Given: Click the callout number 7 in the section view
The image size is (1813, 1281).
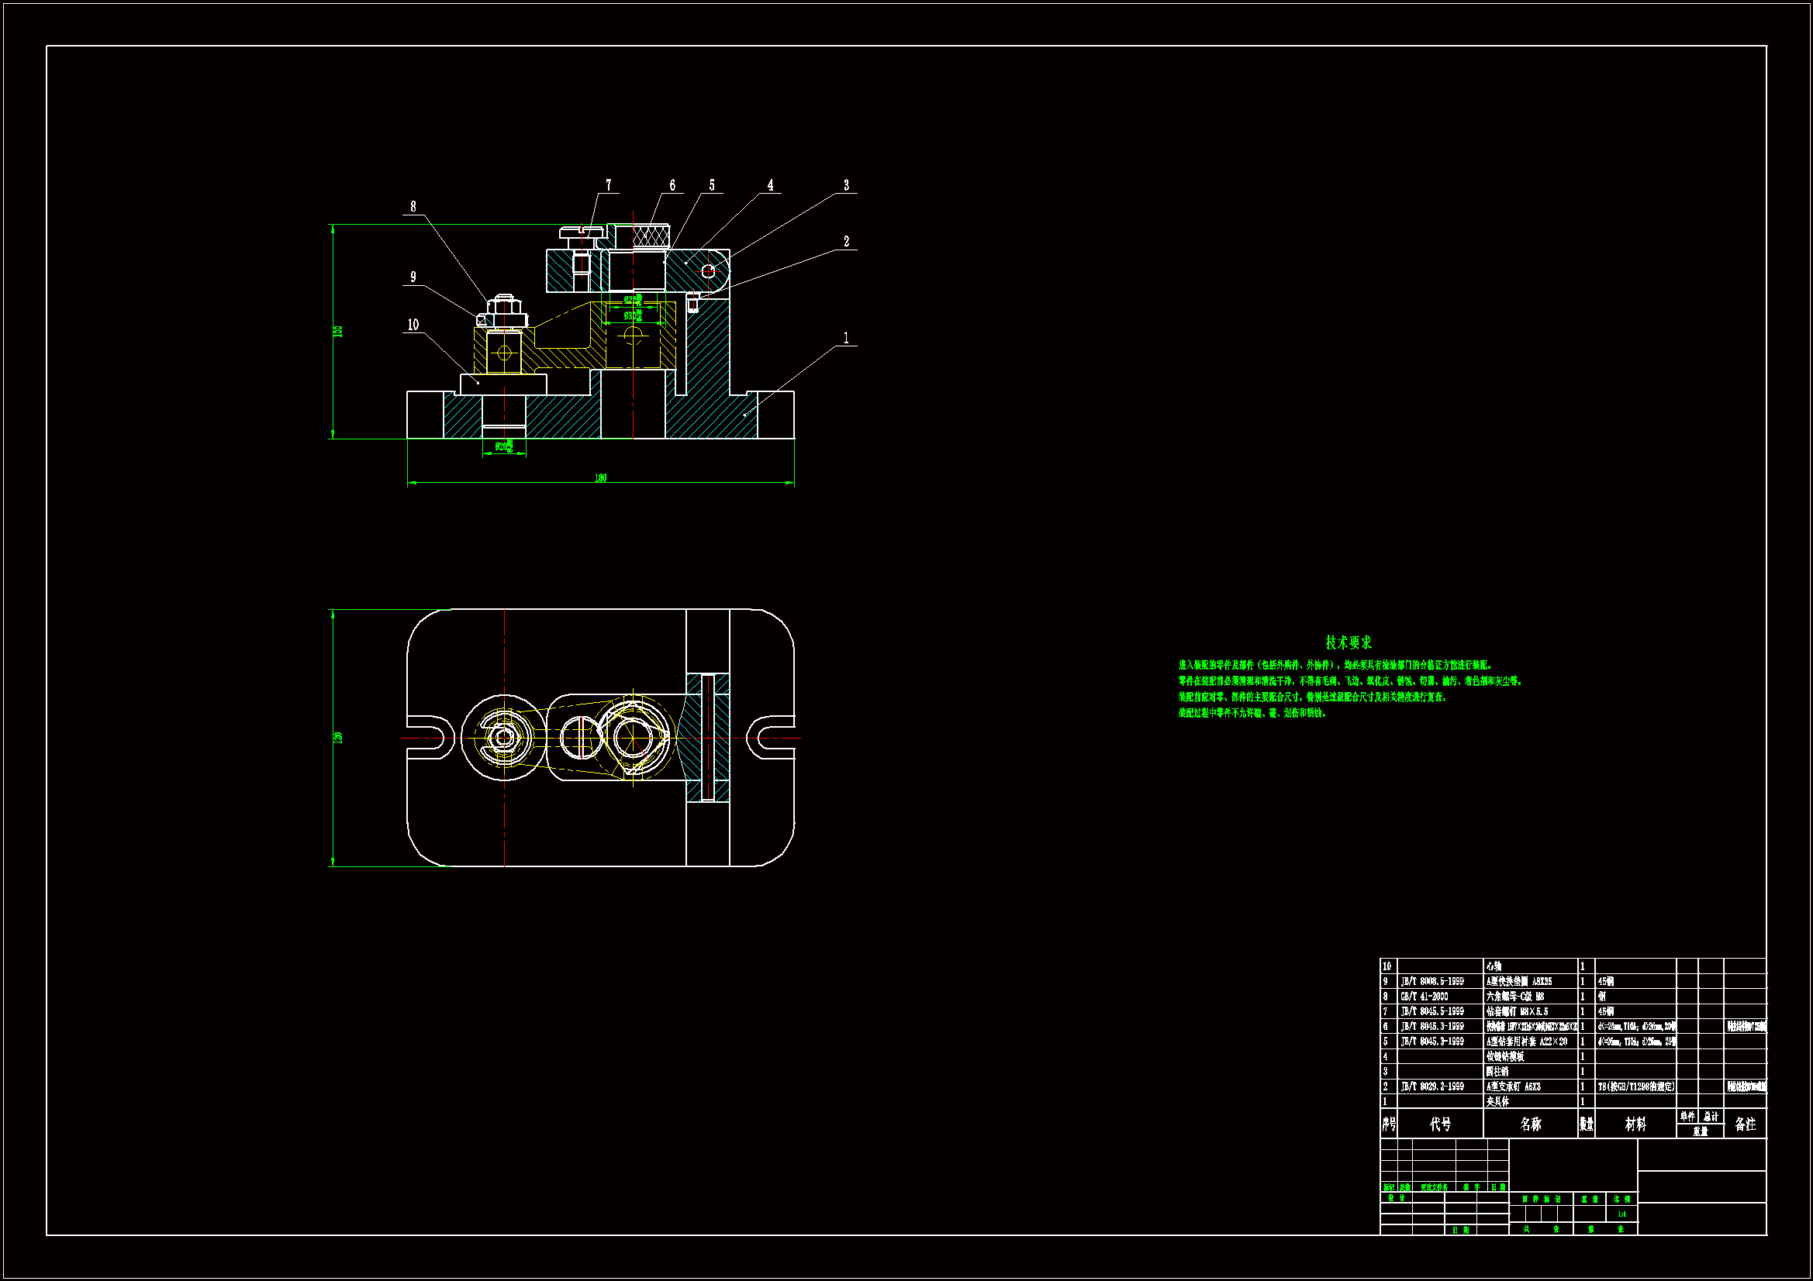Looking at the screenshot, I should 608,184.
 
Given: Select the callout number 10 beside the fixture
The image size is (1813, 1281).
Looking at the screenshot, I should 413,325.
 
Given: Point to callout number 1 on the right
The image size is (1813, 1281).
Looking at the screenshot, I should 846,338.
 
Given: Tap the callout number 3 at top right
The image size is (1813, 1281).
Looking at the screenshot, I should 846,184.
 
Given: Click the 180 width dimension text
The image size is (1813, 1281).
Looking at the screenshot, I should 600,477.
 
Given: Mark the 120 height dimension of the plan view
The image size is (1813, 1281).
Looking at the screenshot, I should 338,737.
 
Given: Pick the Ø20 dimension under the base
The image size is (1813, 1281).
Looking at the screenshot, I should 504,446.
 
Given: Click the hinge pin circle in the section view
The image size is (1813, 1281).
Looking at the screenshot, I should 708,270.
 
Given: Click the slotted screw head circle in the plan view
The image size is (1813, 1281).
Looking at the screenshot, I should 580,737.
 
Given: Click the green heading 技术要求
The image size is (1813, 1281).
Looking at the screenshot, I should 1348,642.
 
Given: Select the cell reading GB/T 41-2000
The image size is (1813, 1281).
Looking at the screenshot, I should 1424,996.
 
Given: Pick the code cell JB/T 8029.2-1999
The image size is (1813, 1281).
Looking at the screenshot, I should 1431,1086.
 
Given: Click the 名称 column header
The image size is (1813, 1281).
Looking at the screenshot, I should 1530,1124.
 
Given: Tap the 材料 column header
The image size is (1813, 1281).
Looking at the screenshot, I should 1635,1124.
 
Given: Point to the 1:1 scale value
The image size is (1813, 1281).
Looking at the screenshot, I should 1621,1214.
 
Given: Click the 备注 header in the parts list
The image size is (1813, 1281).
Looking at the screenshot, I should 1745,1124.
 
